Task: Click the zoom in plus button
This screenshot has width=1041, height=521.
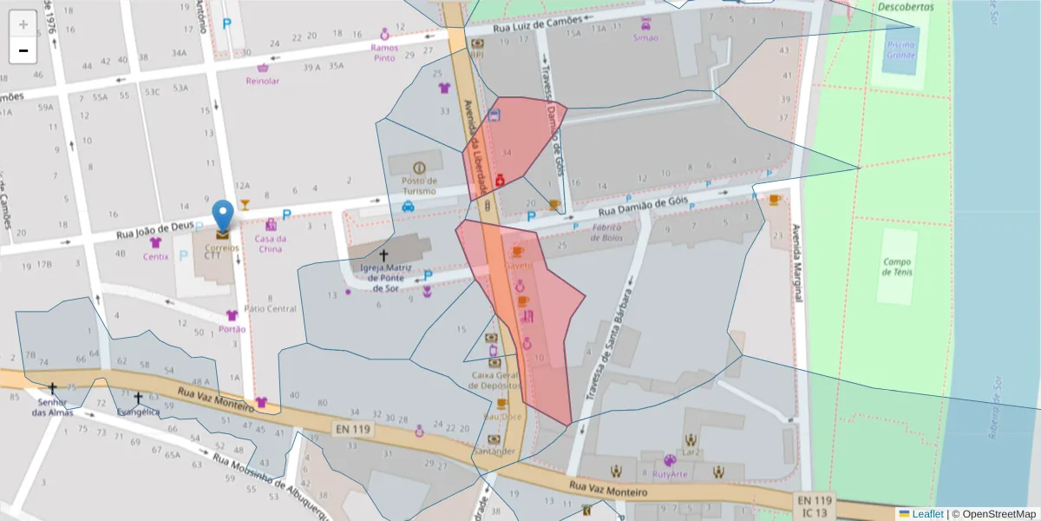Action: pos(23,24)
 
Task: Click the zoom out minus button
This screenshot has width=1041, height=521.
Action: pos(23,50)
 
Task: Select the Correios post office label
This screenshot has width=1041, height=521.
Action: pos(223,247)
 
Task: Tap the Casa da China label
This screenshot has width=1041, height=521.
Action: pos(270,244)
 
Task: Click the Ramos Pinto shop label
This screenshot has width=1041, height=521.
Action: pos(383,53)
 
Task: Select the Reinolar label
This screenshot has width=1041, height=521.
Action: pos(263,81)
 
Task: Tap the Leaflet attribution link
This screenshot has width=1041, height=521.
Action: pos(927,514)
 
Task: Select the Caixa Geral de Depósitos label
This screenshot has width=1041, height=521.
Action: pos(495,380)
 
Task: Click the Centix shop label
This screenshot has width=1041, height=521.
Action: pos(156,256)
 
